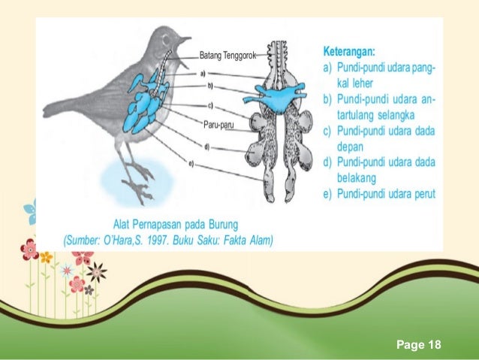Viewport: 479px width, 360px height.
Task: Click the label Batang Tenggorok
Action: coord(228,55)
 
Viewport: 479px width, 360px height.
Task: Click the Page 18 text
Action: coord(419,344)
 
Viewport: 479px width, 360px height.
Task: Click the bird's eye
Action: coord(170,35)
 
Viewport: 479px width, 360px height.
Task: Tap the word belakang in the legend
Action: coord(357,177)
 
